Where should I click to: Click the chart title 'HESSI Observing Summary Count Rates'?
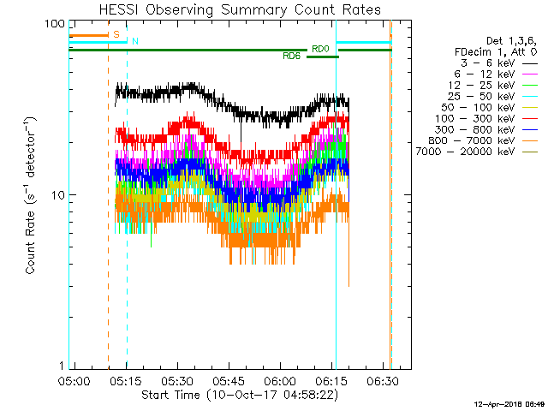pos(240,9)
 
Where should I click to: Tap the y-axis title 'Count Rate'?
pos(30,242)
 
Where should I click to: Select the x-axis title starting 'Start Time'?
pos(240,395)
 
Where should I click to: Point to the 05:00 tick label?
pos(74,381)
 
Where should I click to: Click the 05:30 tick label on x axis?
pos(177,381)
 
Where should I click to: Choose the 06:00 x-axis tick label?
pos(280,381)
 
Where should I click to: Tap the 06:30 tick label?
pos(383,381)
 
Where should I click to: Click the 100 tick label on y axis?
pos(55,24)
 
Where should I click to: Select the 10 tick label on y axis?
pos(58,195)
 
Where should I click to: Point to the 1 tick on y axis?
pos(62,366)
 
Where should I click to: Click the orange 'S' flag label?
pos(116,34)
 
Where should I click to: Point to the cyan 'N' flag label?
pos(135,42)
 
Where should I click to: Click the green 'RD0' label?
pos(320,50)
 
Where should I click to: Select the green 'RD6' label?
pos(292,57)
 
